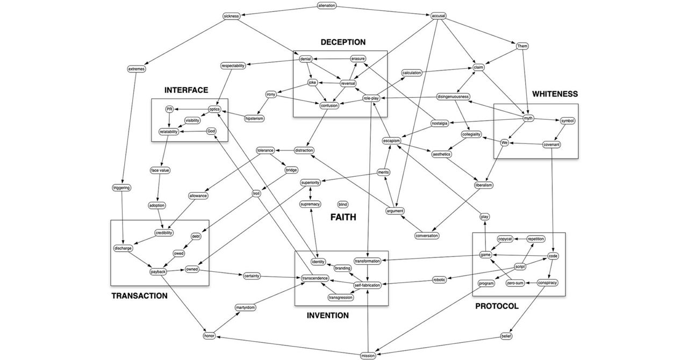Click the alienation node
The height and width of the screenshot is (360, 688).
[x=326, y=6]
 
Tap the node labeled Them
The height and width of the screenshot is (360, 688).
[x=522, y=46]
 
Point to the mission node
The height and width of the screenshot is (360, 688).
[x=368, y=355]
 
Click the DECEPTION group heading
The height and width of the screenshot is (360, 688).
[x=343, y=42]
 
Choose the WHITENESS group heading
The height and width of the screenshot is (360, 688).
[x=555, y=94]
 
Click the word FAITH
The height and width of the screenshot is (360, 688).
[x=343, y=217]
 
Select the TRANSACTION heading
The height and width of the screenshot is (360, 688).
[x=139, y=296]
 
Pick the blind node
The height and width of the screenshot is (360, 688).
[x=342, y=204]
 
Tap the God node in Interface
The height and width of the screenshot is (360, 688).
[x=211, y=131]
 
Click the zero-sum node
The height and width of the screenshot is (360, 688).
[x=515, y=283]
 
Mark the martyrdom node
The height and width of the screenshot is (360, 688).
[x=245, y=307]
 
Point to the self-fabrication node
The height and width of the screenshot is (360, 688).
[x=368, y=285]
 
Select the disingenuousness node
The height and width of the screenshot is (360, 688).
[x=454, y=97]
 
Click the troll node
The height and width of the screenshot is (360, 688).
[x=256, y=193]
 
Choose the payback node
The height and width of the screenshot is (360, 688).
[x=158, y=272]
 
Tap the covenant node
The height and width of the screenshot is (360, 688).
[x=551, y=144]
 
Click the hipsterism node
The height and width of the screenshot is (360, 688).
[x=254, y=118]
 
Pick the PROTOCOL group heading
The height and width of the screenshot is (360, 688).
[x=497, y=306]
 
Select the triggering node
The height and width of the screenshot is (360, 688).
[x=121, y=188]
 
